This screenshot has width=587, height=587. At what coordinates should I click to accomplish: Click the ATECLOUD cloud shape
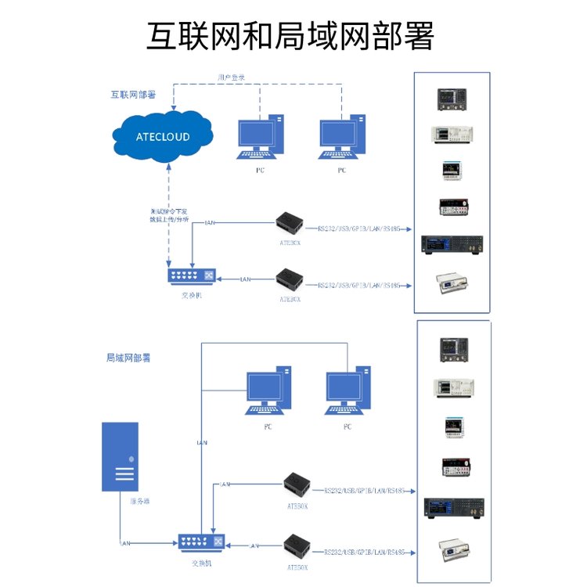click(x=163, y=136)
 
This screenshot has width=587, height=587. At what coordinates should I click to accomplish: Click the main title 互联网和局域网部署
click(x=290, y=35)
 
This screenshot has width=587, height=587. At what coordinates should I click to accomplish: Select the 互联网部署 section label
click(x=132, y=95)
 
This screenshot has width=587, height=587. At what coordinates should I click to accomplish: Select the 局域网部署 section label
click(x=128, y=358)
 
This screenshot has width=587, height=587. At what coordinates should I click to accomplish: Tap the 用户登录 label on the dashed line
click(x=232, y=77)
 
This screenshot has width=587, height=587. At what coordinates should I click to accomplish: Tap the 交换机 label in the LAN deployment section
click(x=201, y=563)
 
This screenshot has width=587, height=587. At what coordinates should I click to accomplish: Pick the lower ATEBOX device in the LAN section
click(x=298, y=544)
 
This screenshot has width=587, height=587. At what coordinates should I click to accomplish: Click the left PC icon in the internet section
click(x=259, y=139)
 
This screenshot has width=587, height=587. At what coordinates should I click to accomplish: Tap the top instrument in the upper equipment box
click(x=452, y=98)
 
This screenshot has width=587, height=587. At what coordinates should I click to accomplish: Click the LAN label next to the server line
click(x=124, y=542)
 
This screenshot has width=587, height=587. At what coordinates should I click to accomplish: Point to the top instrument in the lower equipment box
click(x=454, y=349)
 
